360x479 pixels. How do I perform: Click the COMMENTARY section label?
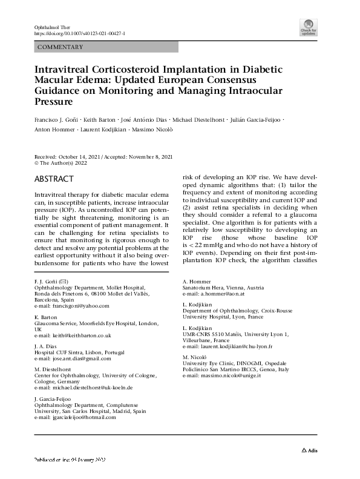(60, 47)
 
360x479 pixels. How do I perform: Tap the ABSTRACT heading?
(54, 179)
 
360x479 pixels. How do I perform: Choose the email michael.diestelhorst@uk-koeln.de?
(84, 387)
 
